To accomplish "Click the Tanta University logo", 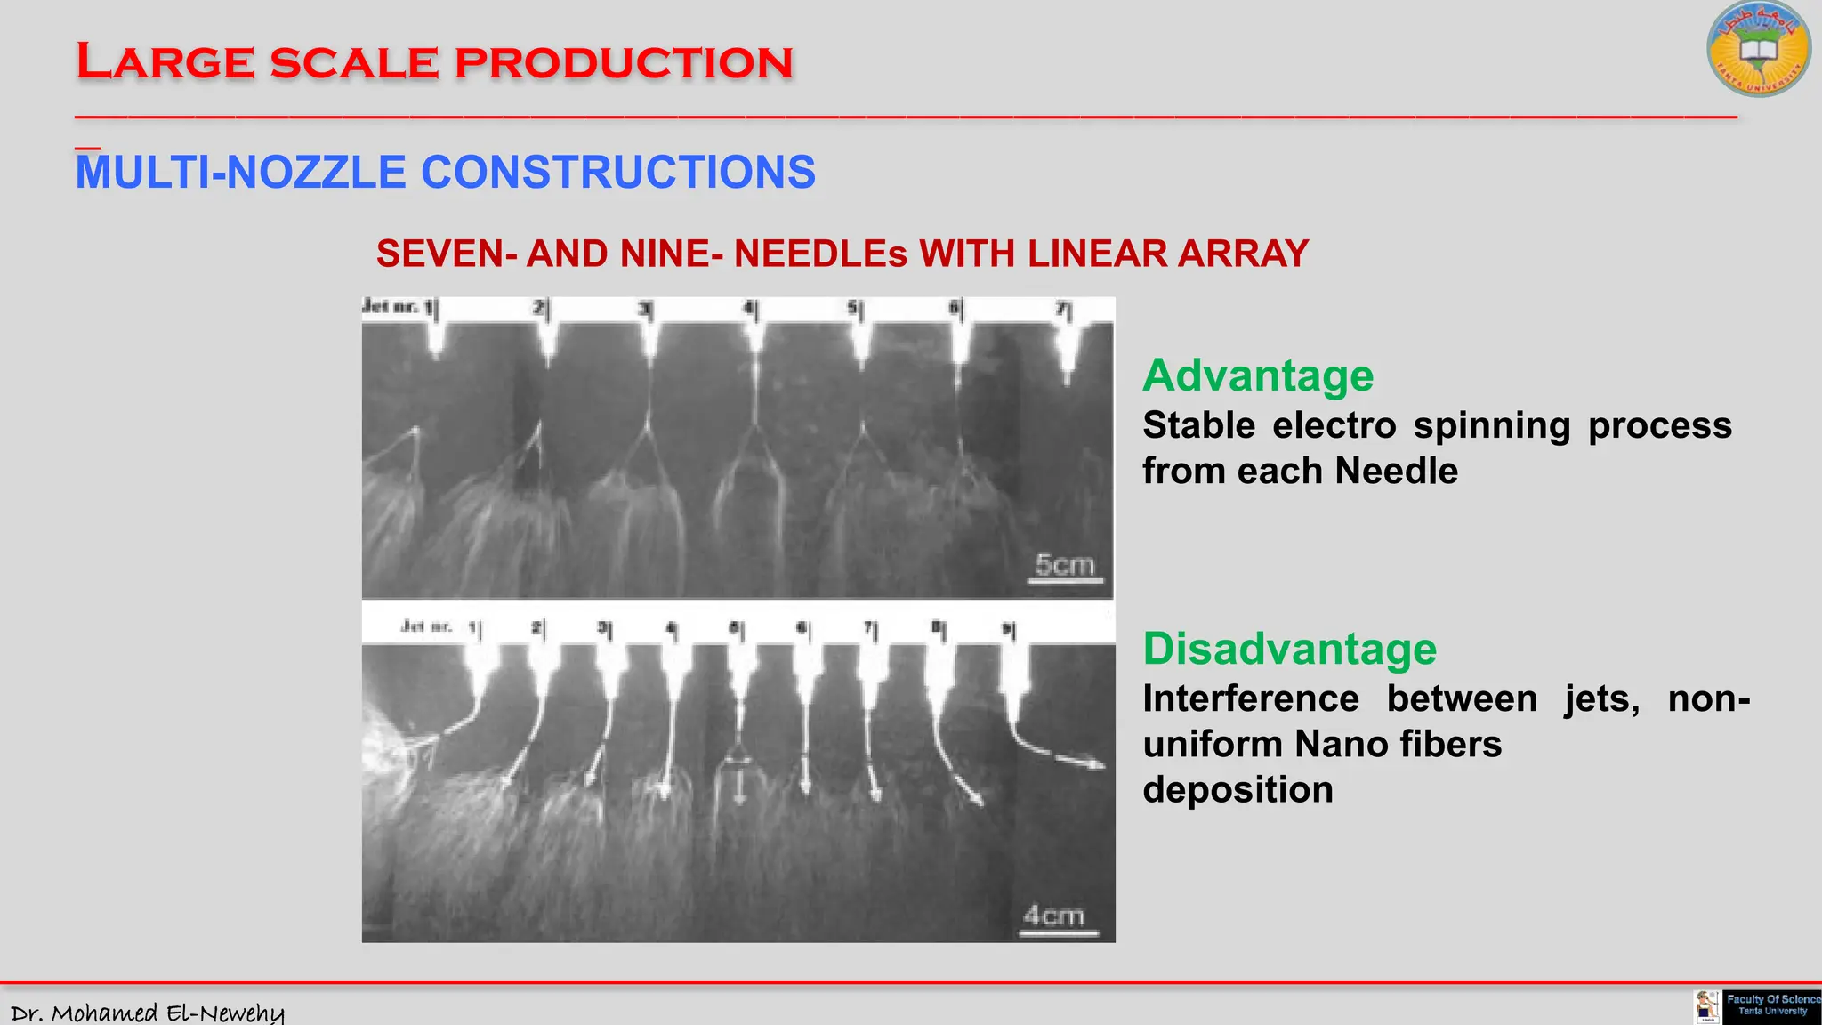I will pos(1758,50).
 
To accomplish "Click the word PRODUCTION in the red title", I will pos(623,63).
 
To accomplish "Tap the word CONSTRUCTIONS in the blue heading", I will pos(617,173).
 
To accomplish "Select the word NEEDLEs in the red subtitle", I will pos(820,254).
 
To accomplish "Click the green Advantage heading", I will pos(1257,375).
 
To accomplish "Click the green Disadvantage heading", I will pos(1289,649).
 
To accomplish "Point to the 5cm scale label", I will pos(1064,566).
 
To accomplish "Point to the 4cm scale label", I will pos(1053,916).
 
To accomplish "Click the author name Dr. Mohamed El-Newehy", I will pos(147,1013).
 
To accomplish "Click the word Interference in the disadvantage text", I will pos(1250,698).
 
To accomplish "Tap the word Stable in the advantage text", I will pos(1197,425).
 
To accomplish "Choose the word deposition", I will pos(1237,790).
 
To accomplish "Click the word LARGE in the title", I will pos(165,63).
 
